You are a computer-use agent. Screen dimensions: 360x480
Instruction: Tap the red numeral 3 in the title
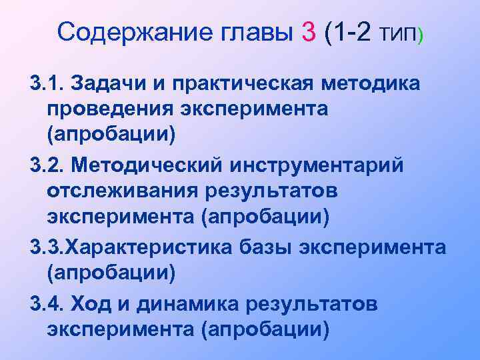309,32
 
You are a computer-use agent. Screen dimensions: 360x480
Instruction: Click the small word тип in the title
398,33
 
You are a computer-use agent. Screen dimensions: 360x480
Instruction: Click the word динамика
187,305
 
